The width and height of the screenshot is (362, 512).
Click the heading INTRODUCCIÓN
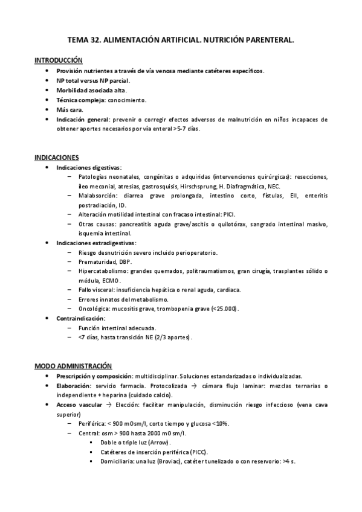pyautogui.click(x=59, y=60)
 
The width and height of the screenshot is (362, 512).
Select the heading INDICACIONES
pyautogui.click(x=57, y=157)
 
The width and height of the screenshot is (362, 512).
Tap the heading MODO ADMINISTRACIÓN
pyautogui.click(x=73, y=366)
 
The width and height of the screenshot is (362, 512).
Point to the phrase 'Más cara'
pyautogui.click(x=69, y=110)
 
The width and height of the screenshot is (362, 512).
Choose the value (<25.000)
pyautogui.click(x=224, y=309)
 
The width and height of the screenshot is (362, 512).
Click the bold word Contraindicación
pyautogui.click(x=80, y=318)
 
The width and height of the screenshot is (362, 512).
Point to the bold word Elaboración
pyautogui.click(x=73, y=385)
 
